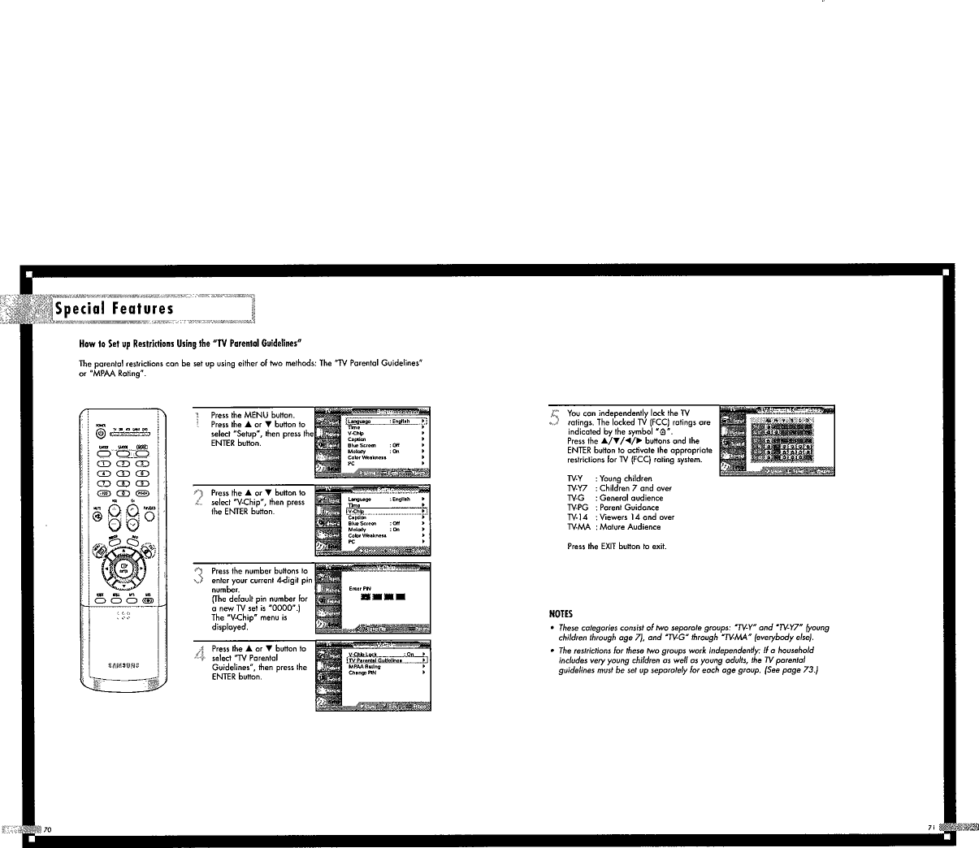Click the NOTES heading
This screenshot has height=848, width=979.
pos(561,614)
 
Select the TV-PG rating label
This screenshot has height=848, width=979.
pos(578,508)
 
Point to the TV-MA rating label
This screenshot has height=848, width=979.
pos(578,526)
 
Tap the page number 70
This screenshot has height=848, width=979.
pos(48,829)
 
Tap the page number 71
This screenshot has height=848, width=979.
pos(931,827)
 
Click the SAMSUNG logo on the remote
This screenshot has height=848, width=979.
pos(123,664)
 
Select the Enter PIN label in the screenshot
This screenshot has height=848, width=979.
pos(360,587)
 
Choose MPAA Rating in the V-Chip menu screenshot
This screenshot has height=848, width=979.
pos(365,667)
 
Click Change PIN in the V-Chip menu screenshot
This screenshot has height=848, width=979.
pos(362,673)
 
